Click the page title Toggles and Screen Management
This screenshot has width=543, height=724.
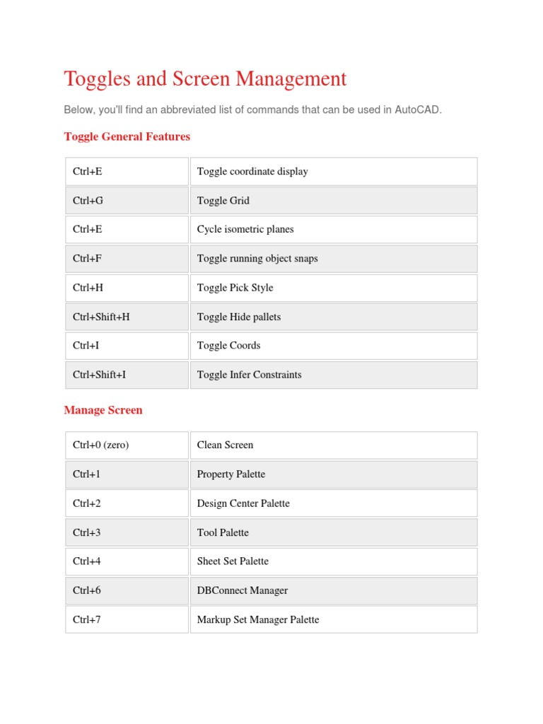(205, 79)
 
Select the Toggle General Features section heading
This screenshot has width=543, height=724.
(127, 136)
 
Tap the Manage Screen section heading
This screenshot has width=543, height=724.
(103, 410)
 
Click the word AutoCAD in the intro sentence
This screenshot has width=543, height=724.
(417, 110)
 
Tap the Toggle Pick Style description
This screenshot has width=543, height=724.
(235, 288)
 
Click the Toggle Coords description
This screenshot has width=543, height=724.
(228, 346)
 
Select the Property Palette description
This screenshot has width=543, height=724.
(231, 474)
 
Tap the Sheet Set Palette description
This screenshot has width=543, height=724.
(233, 561)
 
